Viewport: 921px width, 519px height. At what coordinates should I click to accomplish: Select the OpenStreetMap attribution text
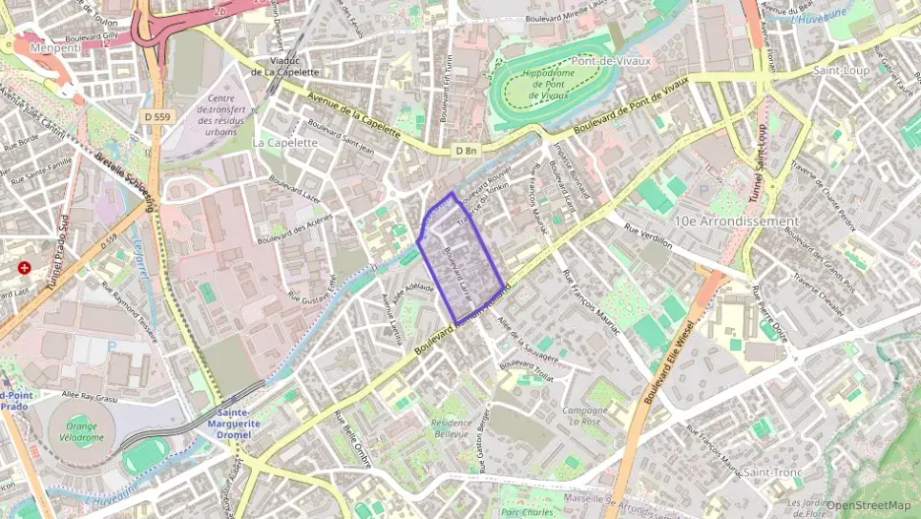click(868, 505)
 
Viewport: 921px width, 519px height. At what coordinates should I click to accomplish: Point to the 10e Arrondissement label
click(737, 221)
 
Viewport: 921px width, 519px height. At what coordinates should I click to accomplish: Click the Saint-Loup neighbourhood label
click(841, 71)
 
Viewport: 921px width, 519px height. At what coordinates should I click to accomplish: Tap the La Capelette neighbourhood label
click(285, 142)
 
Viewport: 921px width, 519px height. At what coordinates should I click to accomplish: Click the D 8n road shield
click(466, 151)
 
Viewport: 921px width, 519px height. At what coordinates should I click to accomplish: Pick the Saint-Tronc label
click(772, 472)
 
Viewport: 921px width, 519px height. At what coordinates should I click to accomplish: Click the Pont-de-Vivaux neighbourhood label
click(612, 61)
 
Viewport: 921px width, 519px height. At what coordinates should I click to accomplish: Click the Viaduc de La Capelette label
click(284, 66)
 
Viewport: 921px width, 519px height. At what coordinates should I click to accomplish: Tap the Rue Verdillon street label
click(646, 234)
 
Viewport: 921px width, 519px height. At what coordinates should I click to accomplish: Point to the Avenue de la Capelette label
click(353, 114)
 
